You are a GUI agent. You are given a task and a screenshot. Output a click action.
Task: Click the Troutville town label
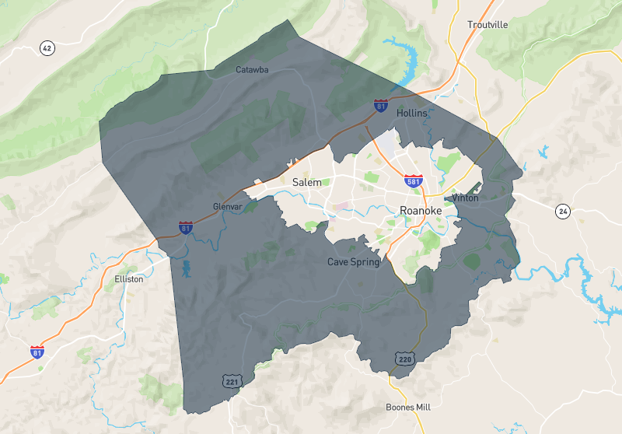click(x=487, y=25)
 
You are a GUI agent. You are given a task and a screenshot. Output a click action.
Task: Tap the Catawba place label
click(x=252, y=70)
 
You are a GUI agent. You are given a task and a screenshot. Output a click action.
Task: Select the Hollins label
click(x=412, y=113)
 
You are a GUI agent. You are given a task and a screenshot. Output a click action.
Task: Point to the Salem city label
click(x=306, y=182)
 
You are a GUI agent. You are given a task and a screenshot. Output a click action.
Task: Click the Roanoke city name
click(x=421, y=210)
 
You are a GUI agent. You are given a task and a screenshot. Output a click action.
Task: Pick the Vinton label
click(x=465, y=198)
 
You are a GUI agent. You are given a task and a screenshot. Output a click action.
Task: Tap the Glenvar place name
click(x=229, y=207)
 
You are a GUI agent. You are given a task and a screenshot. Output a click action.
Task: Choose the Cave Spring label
click(x=353, y=262)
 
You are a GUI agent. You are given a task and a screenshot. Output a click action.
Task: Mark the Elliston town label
click(x=128, y=278)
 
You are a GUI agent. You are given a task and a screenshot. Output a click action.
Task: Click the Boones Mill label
click(x=407, y=407)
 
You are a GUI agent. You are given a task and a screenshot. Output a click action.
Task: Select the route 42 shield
click(x=47, y=48)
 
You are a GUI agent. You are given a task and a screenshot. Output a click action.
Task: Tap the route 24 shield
click(x=562, y=211)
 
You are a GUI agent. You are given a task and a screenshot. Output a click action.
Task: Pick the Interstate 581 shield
click(x=414, y=181)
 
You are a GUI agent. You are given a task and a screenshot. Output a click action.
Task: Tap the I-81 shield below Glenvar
click(x=185, y=228)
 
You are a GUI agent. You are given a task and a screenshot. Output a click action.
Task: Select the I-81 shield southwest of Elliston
click(x=37, y=352)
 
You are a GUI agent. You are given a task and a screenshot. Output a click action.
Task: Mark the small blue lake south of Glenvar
click(x=185, y=269)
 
